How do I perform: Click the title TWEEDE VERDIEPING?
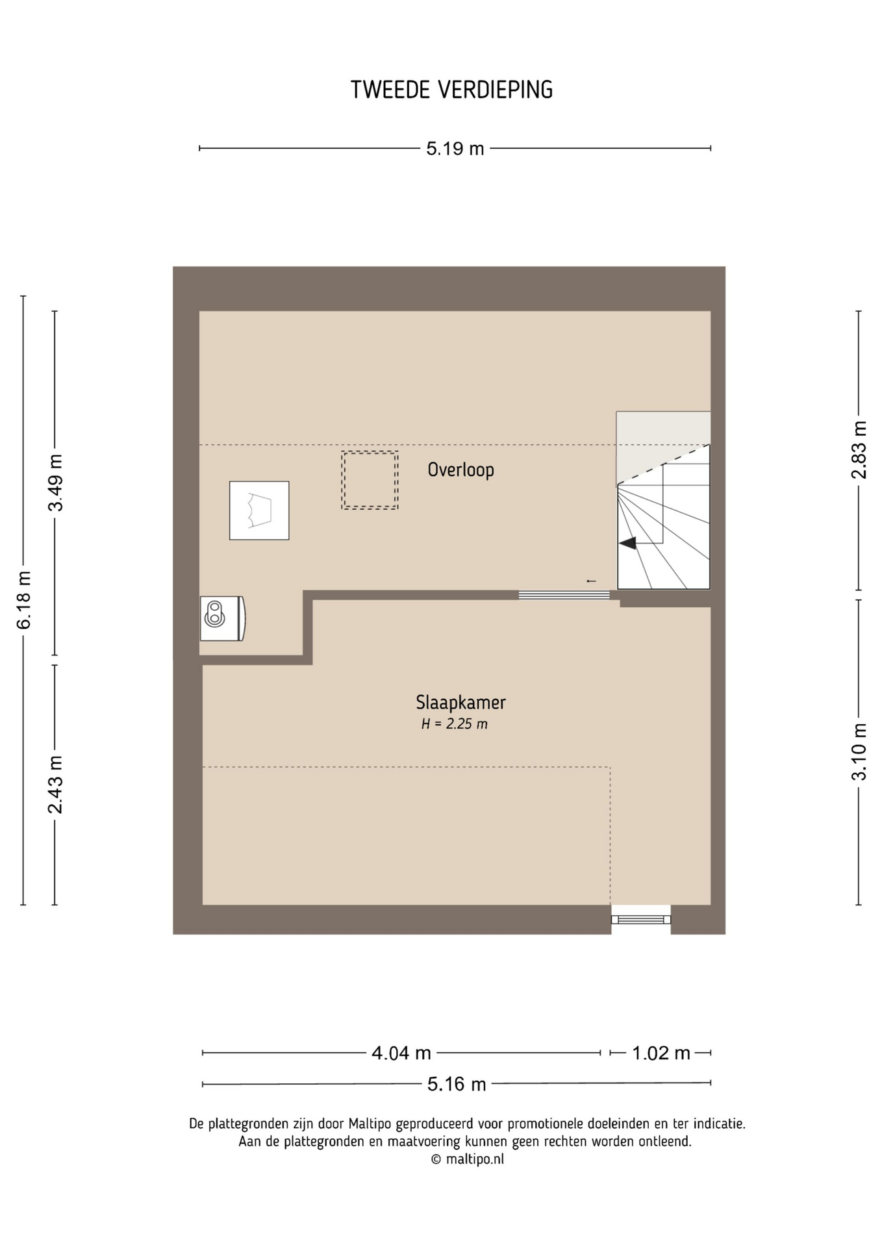451,90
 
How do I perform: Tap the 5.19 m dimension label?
455,149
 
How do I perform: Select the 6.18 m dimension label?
24,600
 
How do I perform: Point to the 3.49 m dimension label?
56,483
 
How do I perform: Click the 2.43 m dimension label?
56,785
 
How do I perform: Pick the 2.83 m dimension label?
859,450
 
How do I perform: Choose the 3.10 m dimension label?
859,751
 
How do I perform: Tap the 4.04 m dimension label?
401,1053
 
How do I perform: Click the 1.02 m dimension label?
661,1053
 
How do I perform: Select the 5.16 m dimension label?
457,1084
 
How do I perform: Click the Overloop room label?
460,470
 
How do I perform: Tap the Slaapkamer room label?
460,702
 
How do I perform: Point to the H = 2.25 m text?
454,724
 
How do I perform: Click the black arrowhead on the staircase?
627,543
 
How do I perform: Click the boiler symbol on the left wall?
222,618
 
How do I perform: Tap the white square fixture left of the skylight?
259,510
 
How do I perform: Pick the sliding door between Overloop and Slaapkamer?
564,595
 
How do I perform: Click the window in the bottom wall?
641,919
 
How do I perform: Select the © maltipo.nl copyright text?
467,1159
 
